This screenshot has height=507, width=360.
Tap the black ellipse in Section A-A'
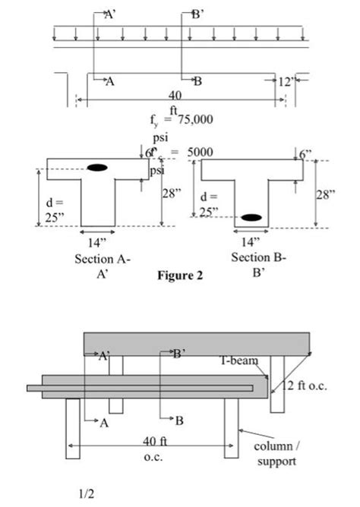click(x=97, y=167)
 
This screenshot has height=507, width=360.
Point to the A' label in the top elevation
click(x=109, y=13)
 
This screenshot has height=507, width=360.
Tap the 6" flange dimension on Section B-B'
click(x=306, y=153)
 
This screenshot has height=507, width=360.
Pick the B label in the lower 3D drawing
click(x=179, y=419)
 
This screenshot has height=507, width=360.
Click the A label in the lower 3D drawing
click(x=104, y=424)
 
